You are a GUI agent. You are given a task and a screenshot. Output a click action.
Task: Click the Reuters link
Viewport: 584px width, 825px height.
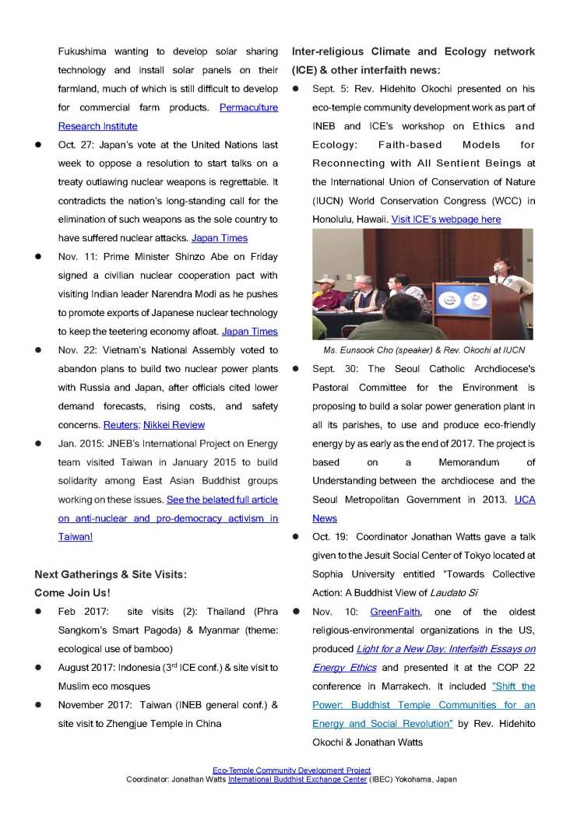119,425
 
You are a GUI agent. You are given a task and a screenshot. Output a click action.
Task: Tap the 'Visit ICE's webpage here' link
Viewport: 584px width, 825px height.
446,219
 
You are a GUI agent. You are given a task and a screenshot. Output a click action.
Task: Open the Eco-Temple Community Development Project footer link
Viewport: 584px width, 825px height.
291,771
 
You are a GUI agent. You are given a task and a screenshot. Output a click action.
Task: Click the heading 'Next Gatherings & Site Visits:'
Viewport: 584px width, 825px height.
111,574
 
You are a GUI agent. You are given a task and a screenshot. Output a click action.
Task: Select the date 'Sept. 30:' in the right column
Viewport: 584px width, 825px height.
336,369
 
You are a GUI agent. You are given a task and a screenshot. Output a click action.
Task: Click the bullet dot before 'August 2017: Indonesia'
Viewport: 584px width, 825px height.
38,668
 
